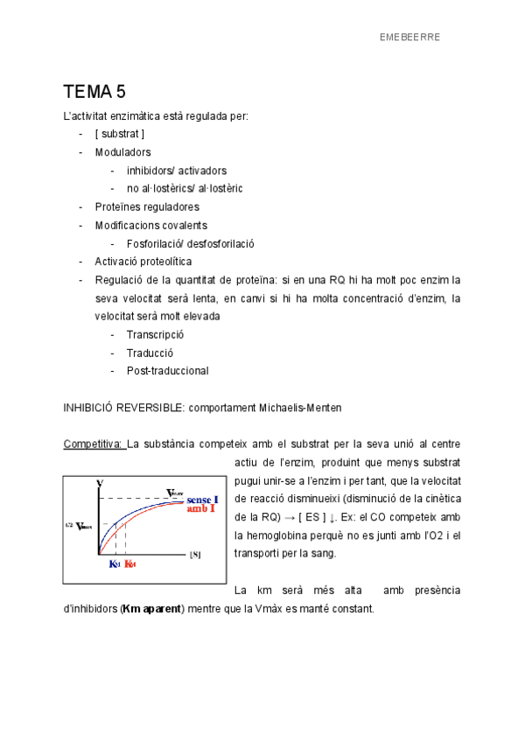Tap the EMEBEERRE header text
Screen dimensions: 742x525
click(409, 37)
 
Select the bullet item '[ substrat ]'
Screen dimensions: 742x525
click(120, 134)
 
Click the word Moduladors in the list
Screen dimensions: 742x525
click(122, 152)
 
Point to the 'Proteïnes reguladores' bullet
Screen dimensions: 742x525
click(147, 206)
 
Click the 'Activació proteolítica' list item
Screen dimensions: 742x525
click(143, 262)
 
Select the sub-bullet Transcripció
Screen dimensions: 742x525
click(155, 334)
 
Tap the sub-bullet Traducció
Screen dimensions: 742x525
click(150, 353)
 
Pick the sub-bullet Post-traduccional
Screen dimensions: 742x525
click(167, 371)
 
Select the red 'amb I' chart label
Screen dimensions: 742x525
click(201, 508)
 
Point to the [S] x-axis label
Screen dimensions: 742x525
click(195, 555)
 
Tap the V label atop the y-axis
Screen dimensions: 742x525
click(100, 483)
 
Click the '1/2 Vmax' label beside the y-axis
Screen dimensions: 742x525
click(79, 526)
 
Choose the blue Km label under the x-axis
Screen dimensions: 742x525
click(114, 564)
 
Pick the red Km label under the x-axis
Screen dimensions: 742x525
click(129, 564)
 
